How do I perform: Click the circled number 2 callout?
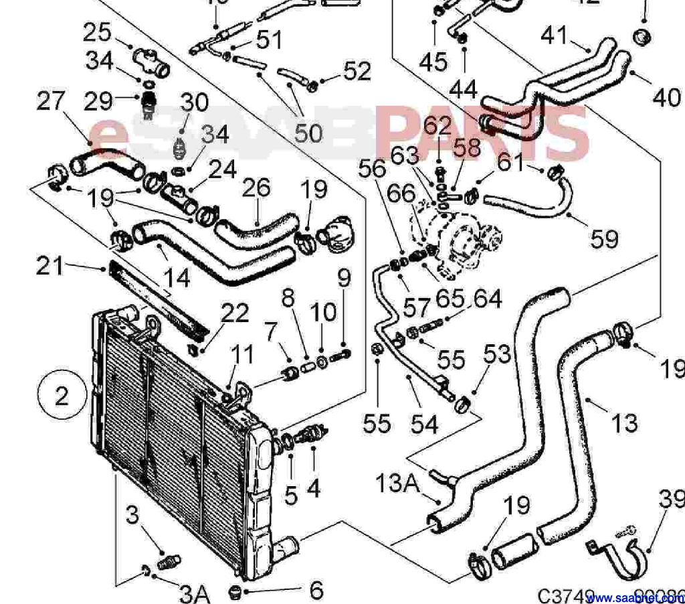tap(62, 396)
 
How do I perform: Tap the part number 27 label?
tap(52, 101)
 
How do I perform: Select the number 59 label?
tap(604, 238)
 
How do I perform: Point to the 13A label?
tap(397, 481)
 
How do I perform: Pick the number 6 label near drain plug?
tap(316, 590)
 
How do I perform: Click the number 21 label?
tap(51, 266)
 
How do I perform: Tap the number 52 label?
tap(357, 70)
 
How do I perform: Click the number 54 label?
tap(424, 423)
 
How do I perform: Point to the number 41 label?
tap(553, 35)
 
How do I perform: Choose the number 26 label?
tap(255, 189)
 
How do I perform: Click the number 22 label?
tap(235, 313)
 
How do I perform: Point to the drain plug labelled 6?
tap(233, 591)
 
